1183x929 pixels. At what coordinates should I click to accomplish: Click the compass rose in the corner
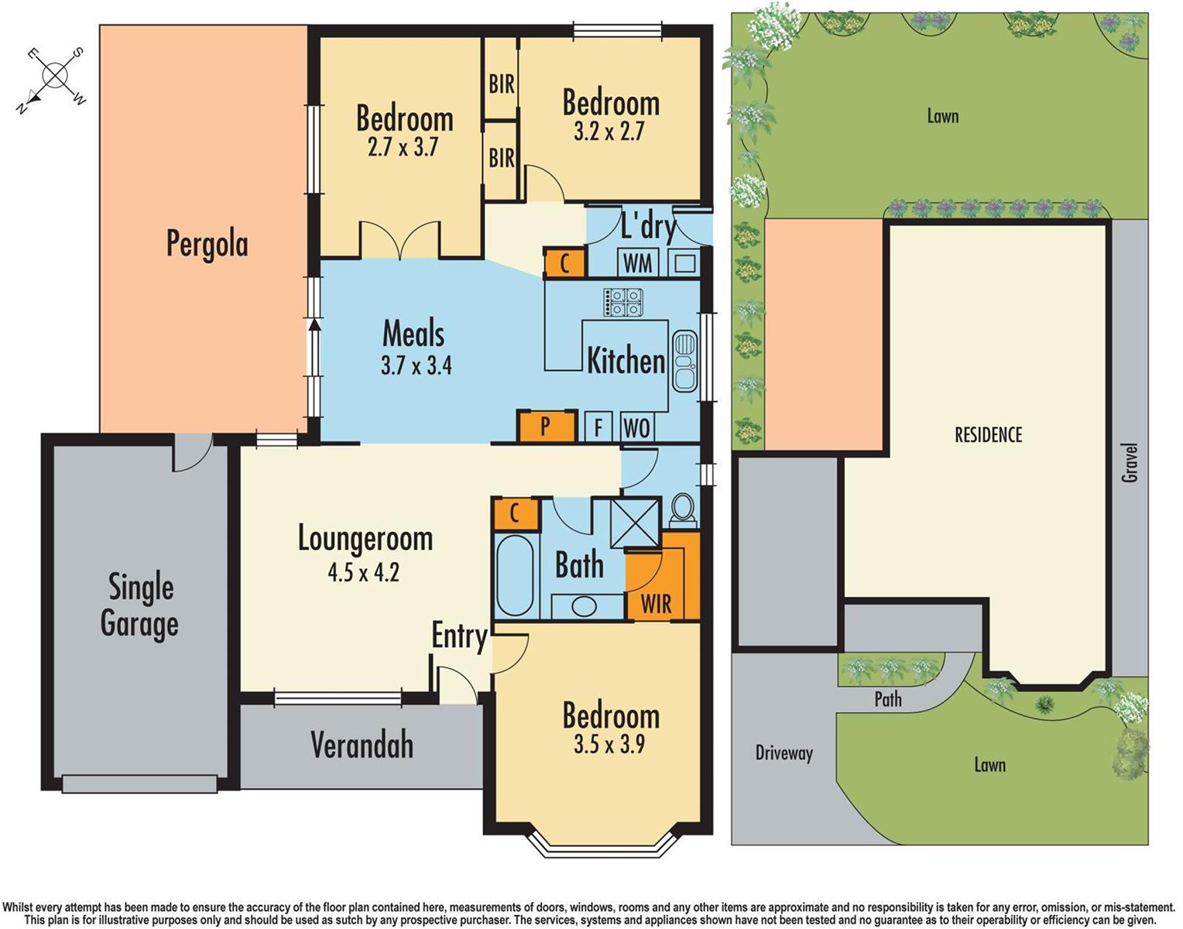tap(54, 77)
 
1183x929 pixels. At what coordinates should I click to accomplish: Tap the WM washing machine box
tap(638, 263)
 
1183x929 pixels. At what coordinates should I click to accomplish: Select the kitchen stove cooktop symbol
tap(623, 302)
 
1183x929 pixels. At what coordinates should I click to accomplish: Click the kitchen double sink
tap(684, 361)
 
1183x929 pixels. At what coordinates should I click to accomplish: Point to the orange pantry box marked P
tap(547, 426)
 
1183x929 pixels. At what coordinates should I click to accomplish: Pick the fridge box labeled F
tap(598, 427)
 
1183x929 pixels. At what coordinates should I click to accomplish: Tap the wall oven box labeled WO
tap(636, 427)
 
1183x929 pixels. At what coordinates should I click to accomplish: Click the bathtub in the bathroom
tap(514, 575)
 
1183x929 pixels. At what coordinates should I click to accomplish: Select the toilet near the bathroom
tap(682, 509)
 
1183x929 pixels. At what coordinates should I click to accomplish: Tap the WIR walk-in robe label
tap(656, 604)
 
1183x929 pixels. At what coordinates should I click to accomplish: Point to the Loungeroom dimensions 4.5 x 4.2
tap(363, 573)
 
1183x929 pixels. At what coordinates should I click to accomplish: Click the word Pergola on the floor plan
tap(207, 245)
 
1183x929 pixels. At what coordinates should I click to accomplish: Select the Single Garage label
tap(140, 605)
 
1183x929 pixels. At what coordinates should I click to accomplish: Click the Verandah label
tap(362, 745)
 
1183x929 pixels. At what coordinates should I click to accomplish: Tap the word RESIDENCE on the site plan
tap(988, 435)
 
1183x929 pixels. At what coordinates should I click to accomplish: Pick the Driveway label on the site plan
tap(784, 753)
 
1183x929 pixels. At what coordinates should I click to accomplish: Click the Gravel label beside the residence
tap(1130, 463)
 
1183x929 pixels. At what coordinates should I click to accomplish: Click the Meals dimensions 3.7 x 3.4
tap(416, 365)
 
